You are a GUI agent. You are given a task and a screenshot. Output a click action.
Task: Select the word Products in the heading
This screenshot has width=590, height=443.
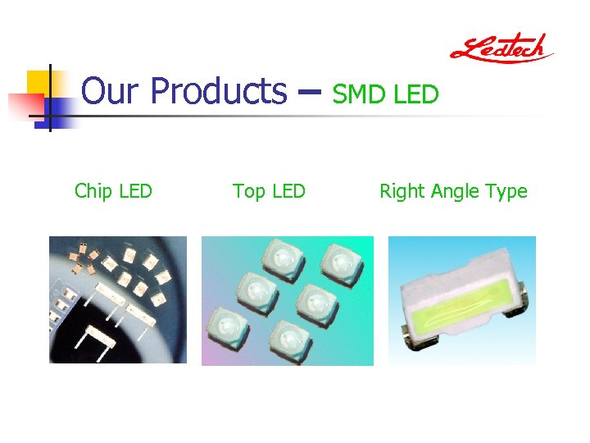click(x=218, y=91)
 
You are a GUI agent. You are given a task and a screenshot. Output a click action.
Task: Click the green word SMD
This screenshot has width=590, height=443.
click(x=361, y=95)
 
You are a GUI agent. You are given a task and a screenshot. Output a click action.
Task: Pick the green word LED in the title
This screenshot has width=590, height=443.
click(x=416, y=95)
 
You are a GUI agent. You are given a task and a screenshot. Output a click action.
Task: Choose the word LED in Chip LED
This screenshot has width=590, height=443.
click(x=135, y=192)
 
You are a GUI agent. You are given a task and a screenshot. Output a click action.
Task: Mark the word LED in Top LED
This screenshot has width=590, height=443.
click(x=288, y=192)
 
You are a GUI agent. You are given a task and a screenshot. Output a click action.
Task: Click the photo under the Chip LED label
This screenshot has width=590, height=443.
click(x=118, y=299)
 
